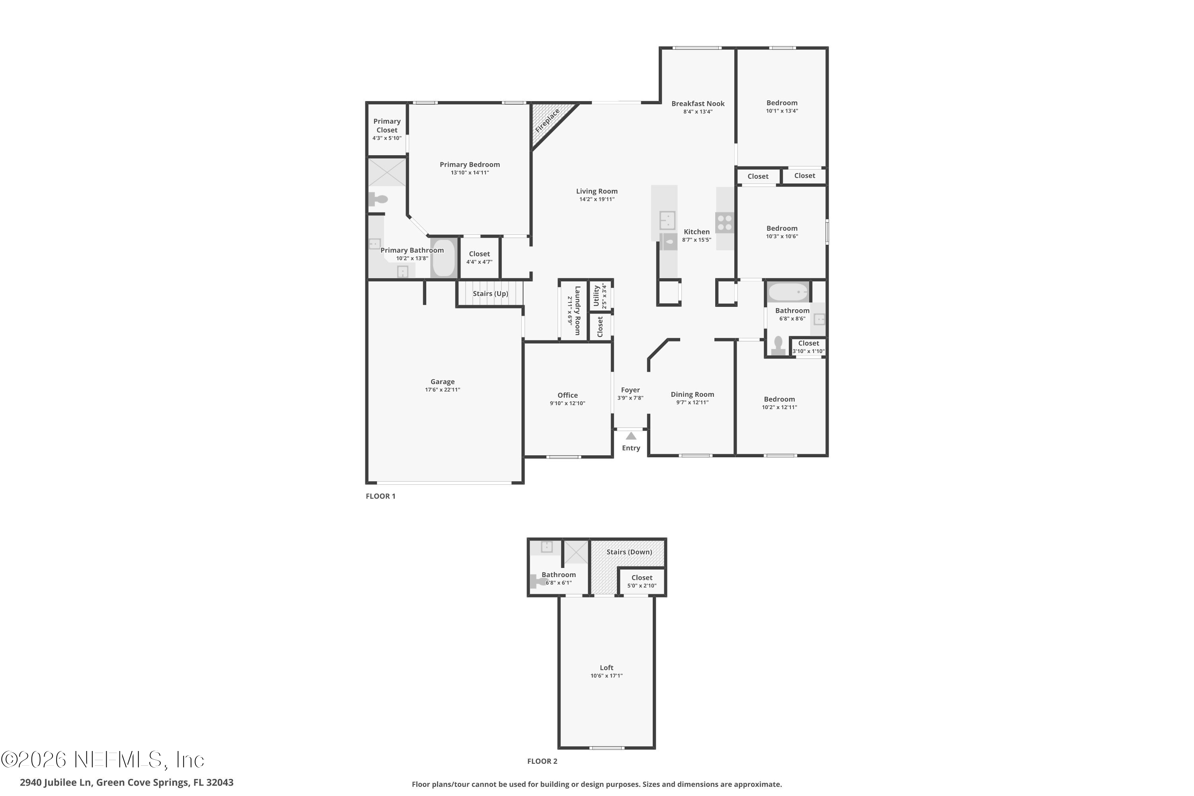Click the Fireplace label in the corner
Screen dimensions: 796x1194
(x=547, y=121)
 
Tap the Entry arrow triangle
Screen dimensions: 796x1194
(x=630, y=436)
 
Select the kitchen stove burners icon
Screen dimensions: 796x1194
(x=724, y=222)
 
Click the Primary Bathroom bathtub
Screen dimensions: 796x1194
(x=444, y=258)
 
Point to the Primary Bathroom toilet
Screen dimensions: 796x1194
(x=378, y=199)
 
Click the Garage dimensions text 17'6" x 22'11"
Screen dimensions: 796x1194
(x=442, y=390)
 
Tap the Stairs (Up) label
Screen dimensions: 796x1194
(x=490, y=293)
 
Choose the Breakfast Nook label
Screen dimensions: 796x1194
(x=698, y=103)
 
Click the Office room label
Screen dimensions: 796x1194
(x=567, y=395)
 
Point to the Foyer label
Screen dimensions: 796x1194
(x=630, y=390)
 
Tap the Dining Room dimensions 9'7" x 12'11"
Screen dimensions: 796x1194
(x=692, y=402)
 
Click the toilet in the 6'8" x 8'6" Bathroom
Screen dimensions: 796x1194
(x=778, y=345)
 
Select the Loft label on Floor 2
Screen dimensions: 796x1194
(x=606, y=667)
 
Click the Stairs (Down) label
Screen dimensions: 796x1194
(x=628, y=552)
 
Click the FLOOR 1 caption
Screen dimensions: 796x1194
(x=380, y=496)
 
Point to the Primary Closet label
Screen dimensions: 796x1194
(x=387, y=125)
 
